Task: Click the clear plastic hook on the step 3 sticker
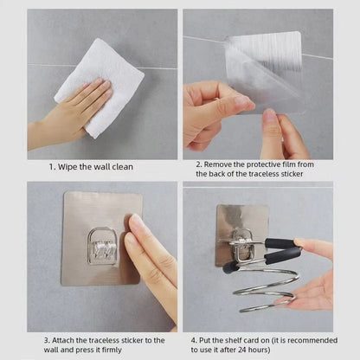pos(104,246)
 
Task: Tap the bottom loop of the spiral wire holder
pos(267,306)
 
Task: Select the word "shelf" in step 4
pos(233,340)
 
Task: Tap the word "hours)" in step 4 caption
pos(260,350)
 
